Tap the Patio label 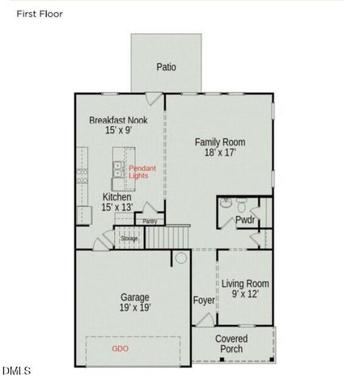click(x=166, y=67)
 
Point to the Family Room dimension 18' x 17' click(x=219, y=153)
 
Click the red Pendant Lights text click(x=142, y=171)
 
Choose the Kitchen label click(x=116, y=197)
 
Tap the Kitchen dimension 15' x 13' click(x=116, y=208)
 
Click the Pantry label click(x=150, y=221)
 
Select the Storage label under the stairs click(x=129, y=238)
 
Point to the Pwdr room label click(x=245, y=219)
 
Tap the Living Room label click(x=245, y=284)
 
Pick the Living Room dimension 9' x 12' click(x=245, y=295)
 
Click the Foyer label click(x=204, y=301)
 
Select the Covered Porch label click(x=231, y=344)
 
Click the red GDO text click(x=121, y=348)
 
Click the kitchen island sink click(x=118, y=169)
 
